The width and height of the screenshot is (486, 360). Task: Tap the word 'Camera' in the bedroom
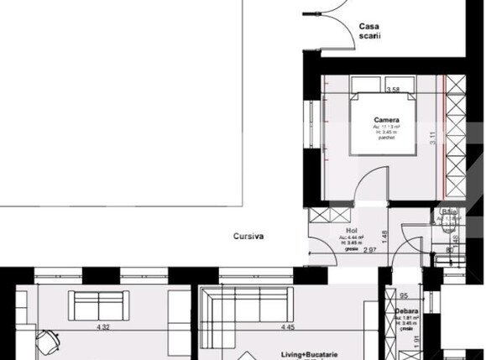386,121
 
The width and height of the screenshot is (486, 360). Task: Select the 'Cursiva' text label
249,237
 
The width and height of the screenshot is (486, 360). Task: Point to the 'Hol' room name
352,229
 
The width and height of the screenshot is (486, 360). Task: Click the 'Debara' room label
407,310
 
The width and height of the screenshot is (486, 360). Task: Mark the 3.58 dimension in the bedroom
392,90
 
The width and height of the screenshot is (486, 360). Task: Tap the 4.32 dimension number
104,327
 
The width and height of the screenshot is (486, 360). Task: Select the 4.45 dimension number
288,327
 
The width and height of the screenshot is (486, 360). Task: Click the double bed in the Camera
384,125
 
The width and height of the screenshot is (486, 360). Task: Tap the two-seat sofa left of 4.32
98,305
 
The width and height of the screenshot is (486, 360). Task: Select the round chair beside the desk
49,342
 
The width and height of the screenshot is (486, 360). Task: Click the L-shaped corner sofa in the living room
244,310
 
